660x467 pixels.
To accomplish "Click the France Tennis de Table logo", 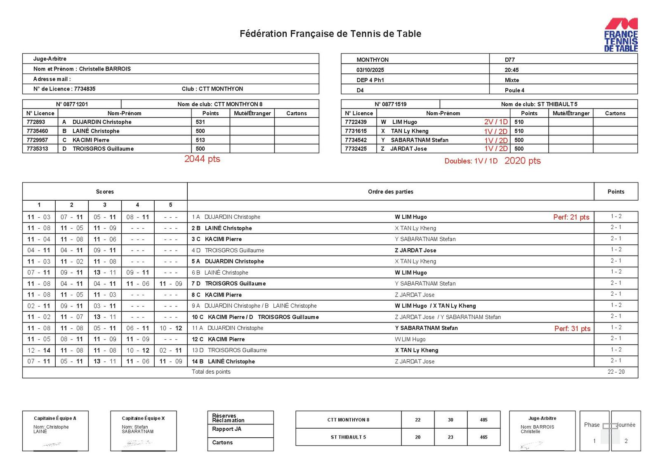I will point(621,35).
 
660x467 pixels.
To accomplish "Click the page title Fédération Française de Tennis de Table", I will point(330,34).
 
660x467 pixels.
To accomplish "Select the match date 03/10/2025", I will point(370,70).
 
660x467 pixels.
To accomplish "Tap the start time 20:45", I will point(511,70).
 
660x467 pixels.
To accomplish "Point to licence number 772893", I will point(36,122).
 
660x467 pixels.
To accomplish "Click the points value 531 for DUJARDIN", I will point(200,122).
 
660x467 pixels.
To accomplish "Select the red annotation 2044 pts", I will point(202,159).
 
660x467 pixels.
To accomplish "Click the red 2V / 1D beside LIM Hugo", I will point(496,122).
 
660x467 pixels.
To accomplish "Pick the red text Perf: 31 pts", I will point(572,329).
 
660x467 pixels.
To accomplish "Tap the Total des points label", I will point(211,372).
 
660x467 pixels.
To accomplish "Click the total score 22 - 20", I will point(616,372).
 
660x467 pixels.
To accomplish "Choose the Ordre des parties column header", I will point(390,192).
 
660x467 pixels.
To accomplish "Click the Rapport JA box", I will point(226,429).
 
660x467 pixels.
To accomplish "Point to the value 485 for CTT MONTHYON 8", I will point(483,420).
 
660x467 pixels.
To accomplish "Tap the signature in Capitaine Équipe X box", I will point(138,443).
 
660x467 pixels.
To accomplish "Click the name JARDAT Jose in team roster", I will point(408,149).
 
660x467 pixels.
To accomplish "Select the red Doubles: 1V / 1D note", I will point(471,161).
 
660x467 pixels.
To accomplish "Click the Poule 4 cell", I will point(514,90).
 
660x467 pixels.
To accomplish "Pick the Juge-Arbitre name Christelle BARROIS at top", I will point(105,69).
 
